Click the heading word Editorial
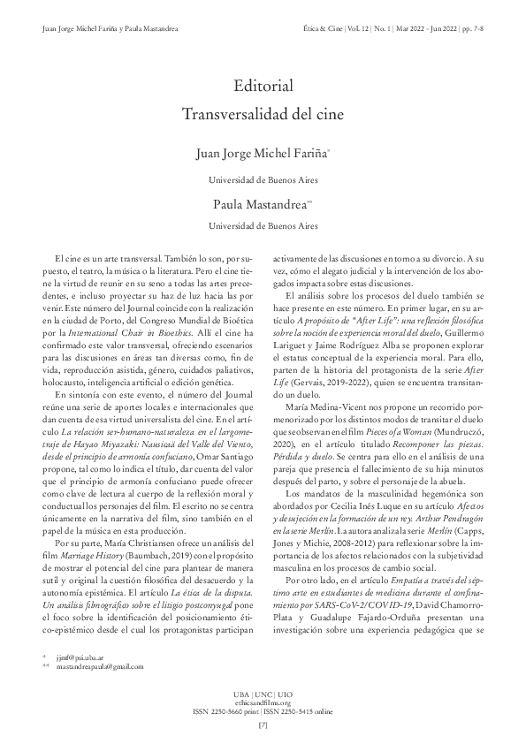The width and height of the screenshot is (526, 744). click(263, 86)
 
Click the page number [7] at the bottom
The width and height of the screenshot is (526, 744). click(263, 725)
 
